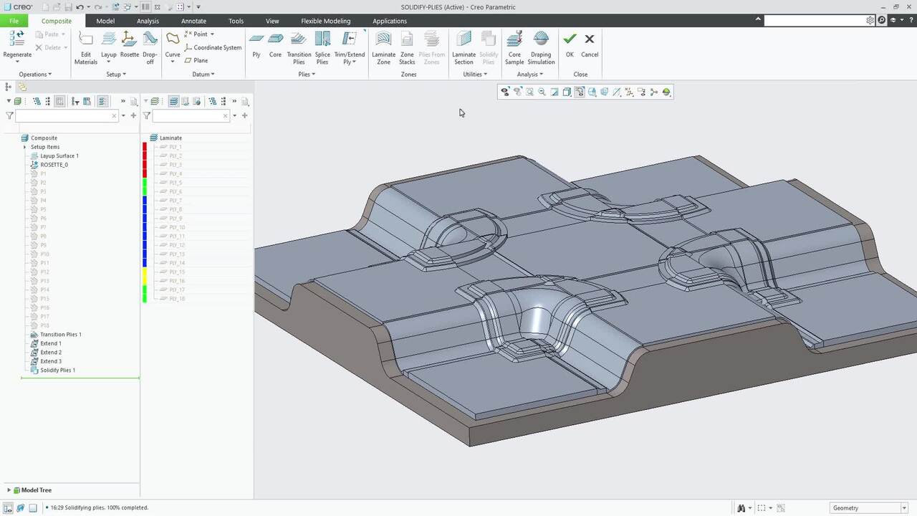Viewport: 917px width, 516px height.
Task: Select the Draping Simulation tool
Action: coord(541,47)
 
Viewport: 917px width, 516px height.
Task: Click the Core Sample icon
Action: coord(514,47)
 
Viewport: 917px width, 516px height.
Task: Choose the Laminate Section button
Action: coord(464,47)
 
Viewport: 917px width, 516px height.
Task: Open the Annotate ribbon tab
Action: coord(193,21)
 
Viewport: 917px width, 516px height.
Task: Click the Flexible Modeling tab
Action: coord(326,21)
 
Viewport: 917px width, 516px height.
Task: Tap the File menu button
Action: coord(14,21)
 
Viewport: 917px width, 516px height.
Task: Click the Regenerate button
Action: coord(17,44)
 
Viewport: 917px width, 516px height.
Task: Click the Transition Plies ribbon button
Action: coord(299,47)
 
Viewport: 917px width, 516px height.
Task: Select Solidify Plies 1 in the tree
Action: coord(57,371)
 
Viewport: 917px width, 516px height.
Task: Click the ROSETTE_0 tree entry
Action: coord(54,165)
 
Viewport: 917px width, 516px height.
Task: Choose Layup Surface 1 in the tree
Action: coord(59,156)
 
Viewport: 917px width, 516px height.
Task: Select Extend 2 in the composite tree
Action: coord(50,353)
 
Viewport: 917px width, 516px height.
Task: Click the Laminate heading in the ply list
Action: coord(171,138)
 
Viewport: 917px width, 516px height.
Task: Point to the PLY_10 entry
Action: coord(177,227)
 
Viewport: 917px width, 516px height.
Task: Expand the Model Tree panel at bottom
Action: coord(9,490)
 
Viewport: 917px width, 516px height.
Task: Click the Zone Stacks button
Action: coord(407,47)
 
